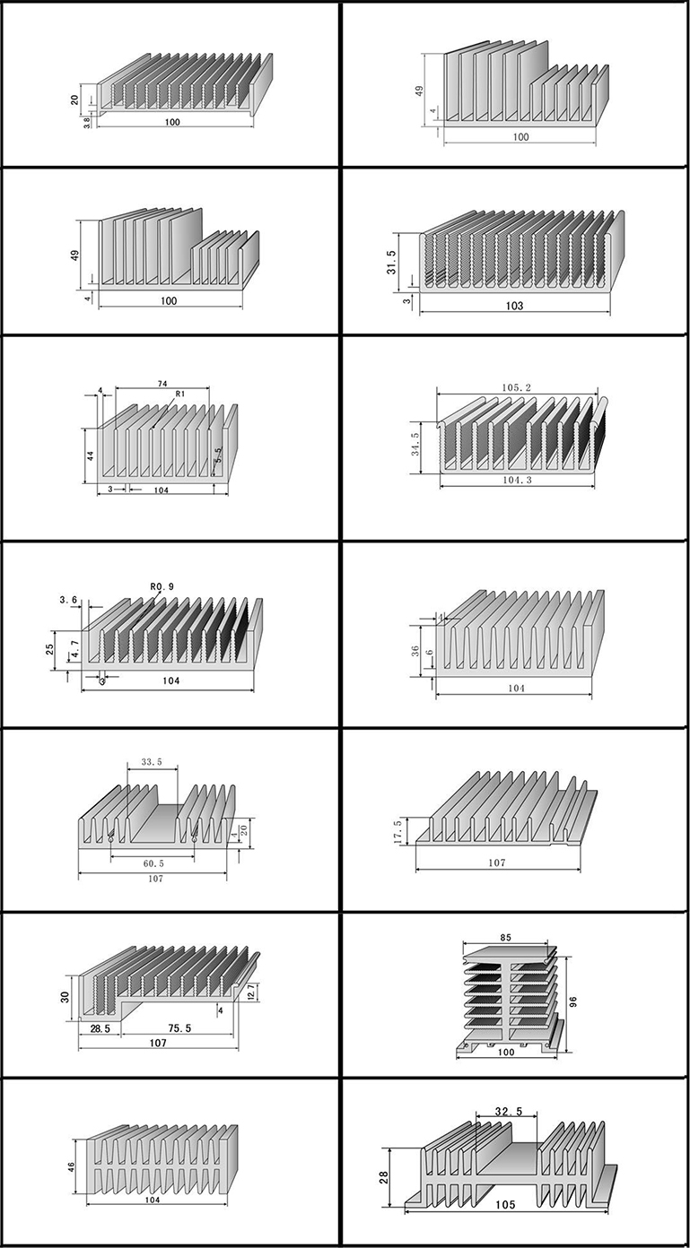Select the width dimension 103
pos(514,306)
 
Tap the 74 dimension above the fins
pos(162,384)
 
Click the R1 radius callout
pos(180,394)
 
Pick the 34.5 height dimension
pos(415,444)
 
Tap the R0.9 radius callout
pos(162,587)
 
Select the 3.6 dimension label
pos(68,599)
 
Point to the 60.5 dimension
pos(153,863)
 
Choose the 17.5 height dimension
pos(398,829)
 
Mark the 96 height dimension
pos(572,1001)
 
